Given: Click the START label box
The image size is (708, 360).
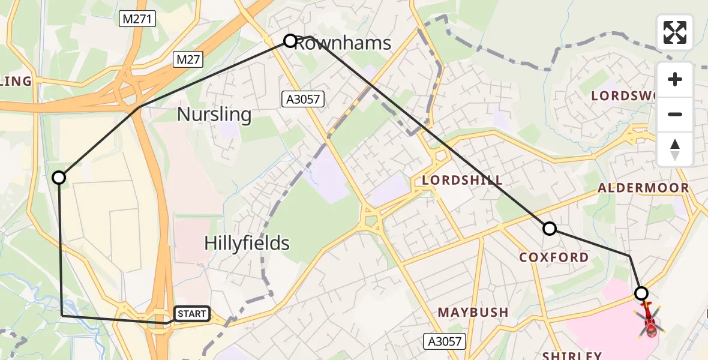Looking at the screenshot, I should coord(192,314).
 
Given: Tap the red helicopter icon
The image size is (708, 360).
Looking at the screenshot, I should coord(650,321).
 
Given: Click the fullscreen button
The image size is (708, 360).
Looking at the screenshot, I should coord(675,32).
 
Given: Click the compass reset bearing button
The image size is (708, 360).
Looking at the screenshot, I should coord(675,149).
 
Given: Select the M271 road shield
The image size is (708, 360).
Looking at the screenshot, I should coord(138,20).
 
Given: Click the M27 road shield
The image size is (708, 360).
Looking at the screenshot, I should coord(189,59).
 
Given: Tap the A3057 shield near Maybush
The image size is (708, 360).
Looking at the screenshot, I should coord(445,342).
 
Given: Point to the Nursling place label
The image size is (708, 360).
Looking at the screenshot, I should coord(214,114).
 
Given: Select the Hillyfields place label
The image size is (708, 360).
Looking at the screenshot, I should coord(247,243).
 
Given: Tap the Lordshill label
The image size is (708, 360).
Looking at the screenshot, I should coord(462,180).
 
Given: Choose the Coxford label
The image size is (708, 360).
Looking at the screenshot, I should coord(554,257).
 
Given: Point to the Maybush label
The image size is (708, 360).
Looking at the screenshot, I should coord(473,312).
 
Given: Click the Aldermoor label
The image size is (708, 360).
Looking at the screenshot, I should coord(643,188).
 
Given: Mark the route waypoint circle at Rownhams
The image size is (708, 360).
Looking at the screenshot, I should coord(290,41).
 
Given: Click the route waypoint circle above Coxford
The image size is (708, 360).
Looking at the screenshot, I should coord(549,229).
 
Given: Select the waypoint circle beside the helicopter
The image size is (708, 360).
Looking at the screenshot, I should coord(641,293).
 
